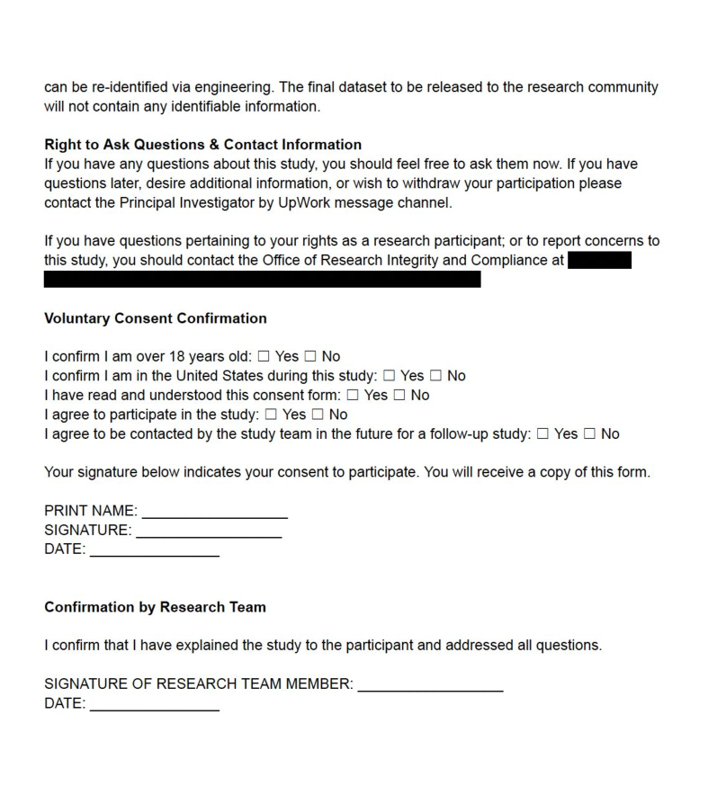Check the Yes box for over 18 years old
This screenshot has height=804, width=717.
point(264,357)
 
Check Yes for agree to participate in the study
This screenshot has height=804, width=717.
point(271,415)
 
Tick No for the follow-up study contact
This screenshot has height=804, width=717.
point(589,434)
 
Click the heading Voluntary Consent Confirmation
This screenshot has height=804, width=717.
point(155,318)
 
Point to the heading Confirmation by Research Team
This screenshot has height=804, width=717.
point(155,607)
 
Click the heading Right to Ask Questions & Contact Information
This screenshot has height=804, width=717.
point(202,145)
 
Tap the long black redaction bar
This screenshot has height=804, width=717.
point(262,280)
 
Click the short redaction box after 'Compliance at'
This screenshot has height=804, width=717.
point(599,261)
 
